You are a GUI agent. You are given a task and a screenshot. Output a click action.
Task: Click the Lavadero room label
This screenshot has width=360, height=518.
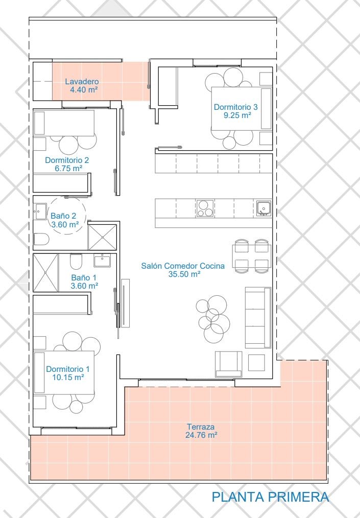(x=82, y=81)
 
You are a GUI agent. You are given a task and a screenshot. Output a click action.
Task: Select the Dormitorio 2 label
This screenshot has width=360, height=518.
(x=67, y=160)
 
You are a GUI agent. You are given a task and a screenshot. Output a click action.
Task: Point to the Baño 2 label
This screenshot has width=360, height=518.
(x=63, y=216)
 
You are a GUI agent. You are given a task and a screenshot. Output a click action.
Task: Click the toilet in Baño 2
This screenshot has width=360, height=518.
(x=41, y=239)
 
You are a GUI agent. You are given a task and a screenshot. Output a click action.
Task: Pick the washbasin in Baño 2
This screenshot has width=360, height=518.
(x=40, y=211)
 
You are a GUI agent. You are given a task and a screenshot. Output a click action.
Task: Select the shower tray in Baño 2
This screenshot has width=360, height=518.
(x=103, y=237)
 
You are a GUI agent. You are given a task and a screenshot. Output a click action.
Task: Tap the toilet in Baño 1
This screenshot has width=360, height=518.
(x=76, y=262)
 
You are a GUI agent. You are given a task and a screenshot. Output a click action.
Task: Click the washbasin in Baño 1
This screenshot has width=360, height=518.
(x=103, y=260)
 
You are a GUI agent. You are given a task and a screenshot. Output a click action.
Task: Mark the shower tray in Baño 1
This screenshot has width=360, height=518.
(x=46, y=273)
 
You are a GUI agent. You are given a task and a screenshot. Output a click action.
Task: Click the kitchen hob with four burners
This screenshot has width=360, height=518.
(x=205, y=208)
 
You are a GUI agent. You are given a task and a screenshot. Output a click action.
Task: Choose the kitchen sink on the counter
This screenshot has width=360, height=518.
(x=263, y=208)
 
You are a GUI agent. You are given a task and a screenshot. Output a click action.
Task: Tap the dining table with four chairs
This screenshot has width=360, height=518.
(x=252, y=256)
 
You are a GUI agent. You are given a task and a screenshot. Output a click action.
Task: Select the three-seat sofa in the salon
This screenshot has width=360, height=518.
(x=258, y=317)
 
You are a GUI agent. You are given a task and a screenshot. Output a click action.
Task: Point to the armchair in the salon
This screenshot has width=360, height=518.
(x=229, y=364)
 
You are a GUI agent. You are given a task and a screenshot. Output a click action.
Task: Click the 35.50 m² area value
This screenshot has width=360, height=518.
(x=185, y=274)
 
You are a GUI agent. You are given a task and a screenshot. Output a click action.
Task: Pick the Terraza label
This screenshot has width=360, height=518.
(x=201, y=427)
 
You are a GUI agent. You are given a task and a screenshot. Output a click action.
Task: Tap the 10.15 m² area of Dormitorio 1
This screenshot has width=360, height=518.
(x=68, y=378)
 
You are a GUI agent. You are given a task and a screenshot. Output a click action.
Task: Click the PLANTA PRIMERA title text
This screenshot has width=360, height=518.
(x=270, y=497)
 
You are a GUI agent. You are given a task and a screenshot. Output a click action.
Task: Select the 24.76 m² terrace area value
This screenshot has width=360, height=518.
(x=201, y=435)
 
